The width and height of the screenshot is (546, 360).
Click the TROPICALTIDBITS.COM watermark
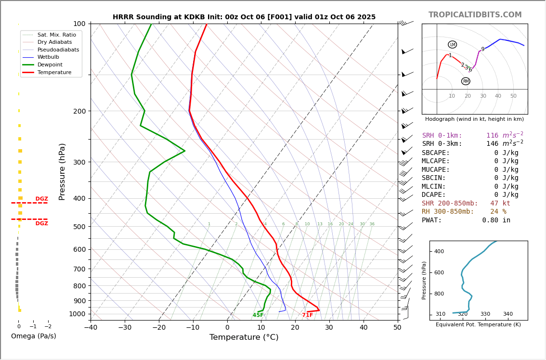475,15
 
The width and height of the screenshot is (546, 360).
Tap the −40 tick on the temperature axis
91,328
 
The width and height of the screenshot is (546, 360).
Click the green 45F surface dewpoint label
258,315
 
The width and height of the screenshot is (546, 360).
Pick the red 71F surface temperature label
307,315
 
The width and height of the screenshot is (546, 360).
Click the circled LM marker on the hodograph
452,45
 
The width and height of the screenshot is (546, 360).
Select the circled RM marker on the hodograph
466,81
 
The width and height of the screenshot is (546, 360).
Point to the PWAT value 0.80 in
496,220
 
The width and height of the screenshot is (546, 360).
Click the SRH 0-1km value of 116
492,136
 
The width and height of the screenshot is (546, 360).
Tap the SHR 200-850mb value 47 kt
500,204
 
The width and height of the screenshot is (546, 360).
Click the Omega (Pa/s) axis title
33,336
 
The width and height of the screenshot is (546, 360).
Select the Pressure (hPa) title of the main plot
62,171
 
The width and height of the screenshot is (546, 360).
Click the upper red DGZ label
41,199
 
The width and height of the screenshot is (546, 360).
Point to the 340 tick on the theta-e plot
507,314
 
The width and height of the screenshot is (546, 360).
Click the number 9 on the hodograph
482,50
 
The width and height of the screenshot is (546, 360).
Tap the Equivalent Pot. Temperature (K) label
478,325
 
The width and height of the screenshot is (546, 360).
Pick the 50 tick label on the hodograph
513,96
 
